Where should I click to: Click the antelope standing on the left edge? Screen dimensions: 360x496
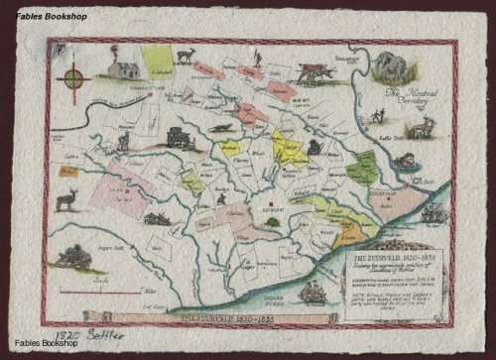[66, 199]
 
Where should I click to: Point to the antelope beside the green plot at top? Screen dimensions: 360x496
[185, 56]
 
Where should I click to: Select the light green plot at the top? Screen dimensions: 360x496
[157, 60]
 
